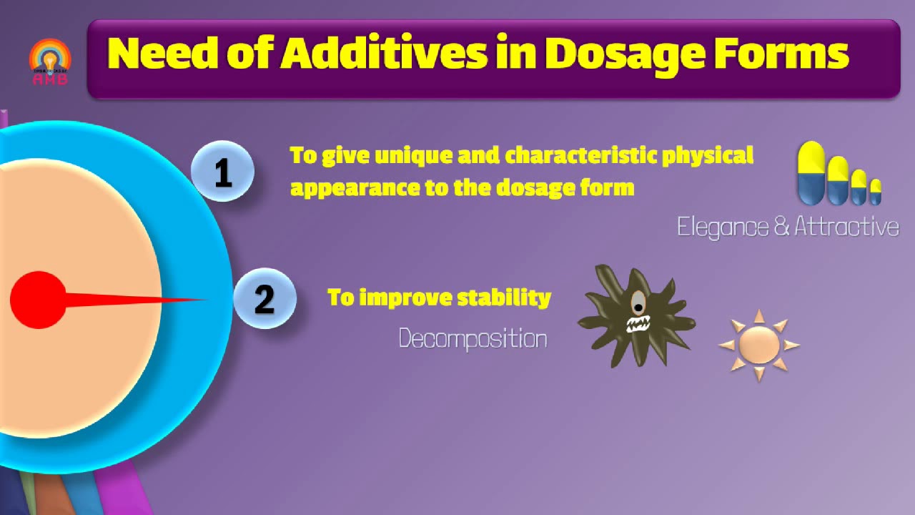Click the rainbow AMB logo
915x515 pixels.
(49, 62)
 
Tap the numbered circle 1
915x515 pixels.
(222, 172)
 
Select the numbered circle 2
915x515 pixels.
(264, 299)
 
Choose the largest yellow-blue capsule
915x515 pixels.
(811, 173)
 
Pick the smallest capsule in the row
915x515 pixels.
(875, 192)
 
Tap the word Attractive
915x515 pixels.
(846, 227)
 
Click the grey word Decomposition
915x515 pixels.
(473, 338)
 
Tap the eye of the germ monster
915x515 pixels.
(637, 305)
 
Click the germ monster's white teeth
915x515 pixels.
(637, 325)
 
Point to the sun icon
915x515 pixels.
(758, 345)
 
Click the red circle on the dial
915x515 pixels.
(38, 300)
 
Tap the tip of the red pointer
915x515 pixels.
(204, 300)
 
